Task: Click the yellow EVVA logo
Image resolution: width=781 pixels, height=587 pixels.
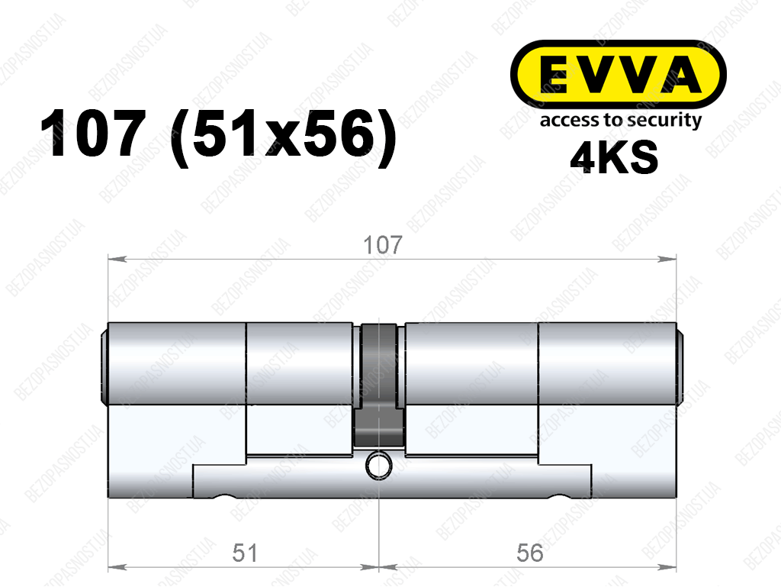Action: pos(618,74)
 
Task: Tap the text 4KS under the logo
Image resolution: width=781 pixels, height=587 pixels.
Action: pos(614,157)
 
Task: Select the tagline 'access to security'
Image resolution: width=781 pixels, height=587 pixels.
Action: pos(621,121)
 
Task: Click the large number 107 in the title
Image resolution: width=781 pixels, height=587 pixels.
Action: pos(93,134)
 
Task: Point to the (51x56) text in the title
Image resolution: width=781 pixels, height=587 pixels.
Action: pos(283,137)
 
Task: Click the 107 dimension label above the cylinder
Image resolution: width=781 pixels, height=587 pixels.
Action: pos(383,245)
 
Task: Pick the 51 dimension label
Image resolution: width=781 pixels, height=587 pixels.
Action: pos(245,553)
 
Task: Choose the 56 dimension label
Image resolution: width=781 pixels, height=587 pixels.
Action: pos(529,553)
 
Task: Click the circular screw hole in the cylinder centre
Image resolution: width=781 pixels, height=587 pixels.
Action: pos(379,466)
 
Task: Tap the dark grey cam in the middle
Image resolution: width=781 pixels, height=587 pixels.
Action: pos(379,385)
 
